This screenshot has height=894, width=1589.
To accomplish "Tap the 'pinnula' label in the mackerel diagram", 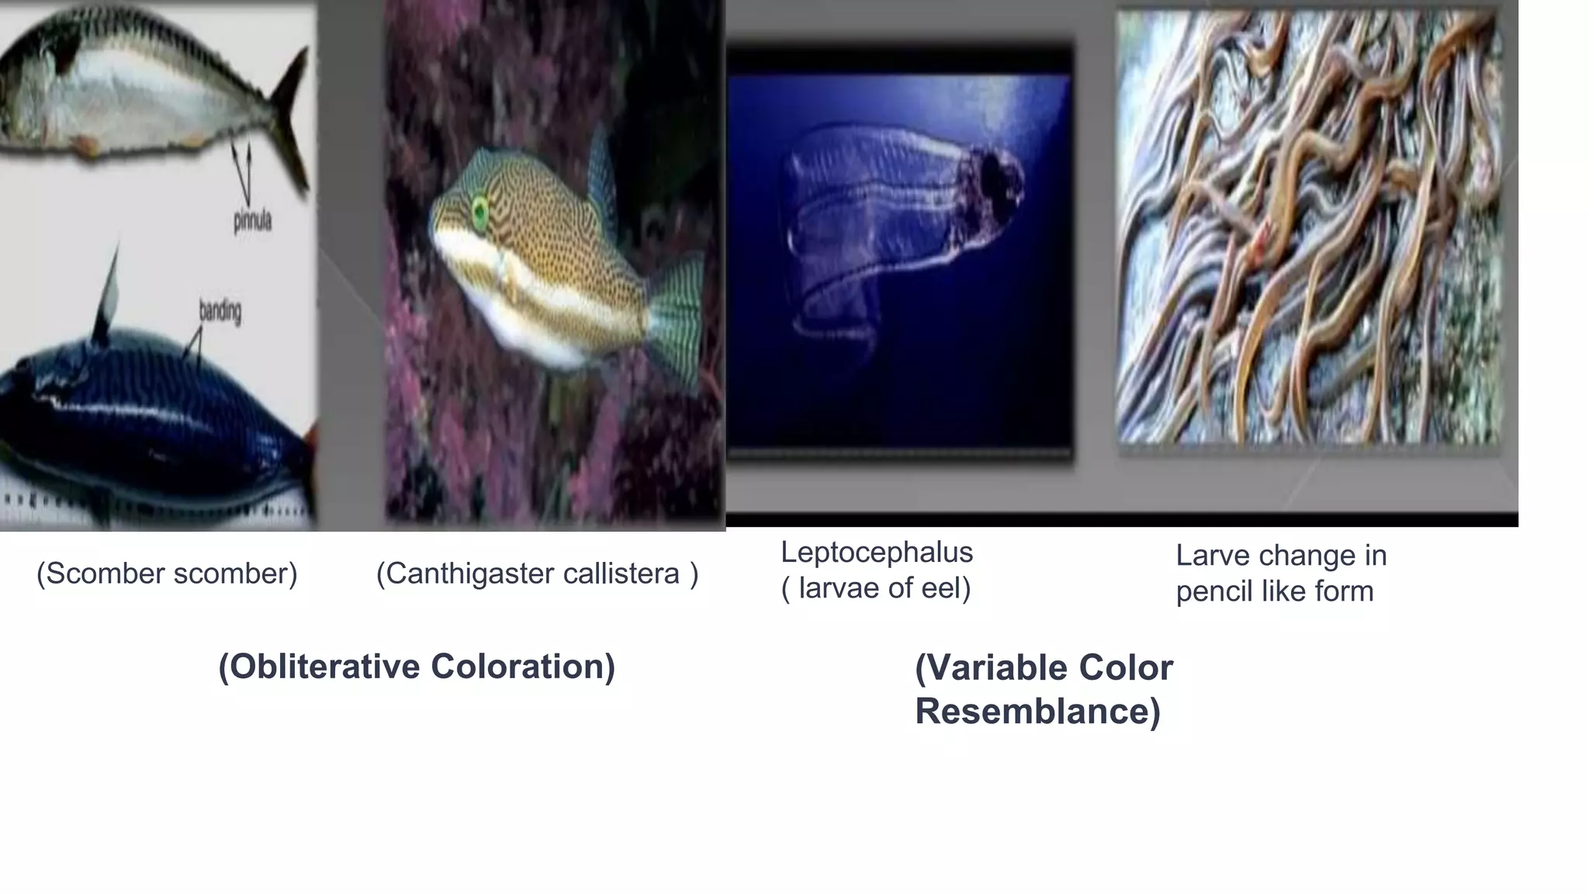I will [x=252, y=221].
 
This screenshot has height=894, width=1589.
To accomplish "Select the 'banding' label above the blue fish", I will [x=220, y=312].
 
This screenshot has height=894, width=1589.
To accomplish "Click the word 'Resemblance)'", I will [x=1037, y=712].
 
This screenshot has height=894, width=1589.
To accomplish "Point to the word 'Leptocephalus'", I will [x=877, y=553].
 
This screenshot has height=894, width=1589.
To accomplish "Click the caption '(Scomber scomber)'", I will [x=167, y=573].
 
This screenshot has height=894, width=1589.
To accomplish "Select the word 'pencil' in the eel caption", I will [x=1214, y=591].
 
